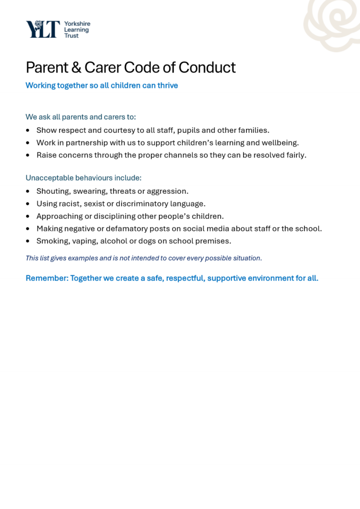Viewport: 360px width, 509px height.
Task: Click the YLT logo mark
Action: point(43,29)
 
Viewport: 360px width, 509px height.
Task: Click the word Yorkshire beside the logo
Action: point(77,23)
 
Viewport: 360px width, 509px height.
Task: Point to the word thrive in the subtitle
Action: point(168,85)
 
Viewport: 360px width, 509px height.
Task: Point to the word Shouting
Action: point(52,191)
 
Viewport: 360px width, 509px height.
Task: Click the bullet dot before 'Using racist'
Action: point(27,204)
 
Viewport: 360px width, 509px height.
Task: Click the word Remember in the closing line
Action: point(46,278)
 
